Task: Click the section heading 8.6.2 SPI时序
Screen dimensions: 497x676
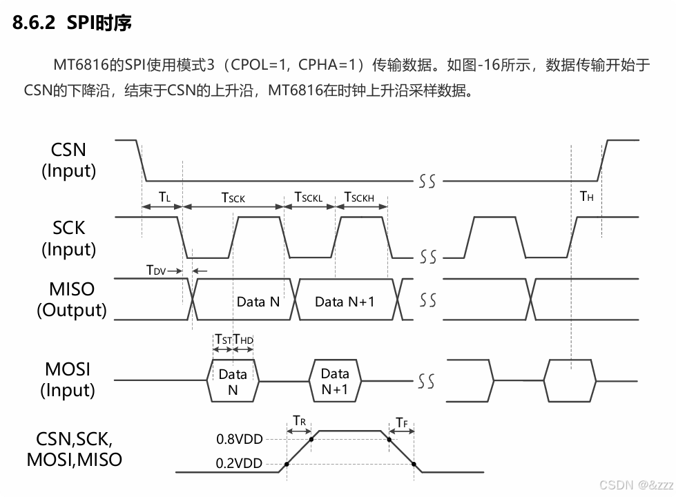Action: click(73, 23)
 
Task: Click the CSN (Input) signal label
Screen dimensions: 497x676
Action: click(68, 160)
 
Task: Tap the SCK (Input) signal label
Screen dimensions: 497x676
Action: click(68, 238)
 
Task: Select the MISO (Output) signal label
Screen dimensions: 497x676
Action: click(72, 299)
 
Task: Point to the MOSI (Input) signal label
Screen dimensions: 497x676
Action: click(68, 380)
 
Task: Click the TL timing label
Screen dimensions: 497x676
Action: click(164, 197)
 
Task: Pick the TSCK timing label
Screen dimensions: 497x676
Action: click(233, 197)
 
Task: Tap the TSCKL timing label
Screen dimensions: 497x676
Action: click(309, 197)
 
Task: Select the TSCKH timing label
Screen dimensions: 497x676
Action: click(359, 197)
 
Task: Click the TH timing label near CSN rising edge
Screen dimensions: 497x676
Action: click(587, 197)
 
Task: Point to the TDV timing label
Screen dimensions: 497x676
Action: click(155, 271)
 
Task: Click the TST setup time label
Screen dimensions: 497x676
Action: click(223, 339)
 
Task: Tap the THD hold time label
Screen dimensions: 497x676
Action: click(244, 339)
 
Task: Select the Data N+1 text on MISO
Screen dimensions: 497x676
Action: click(345, 302)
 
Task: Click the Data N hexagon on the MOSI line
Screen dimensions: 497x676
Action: click(233, 380)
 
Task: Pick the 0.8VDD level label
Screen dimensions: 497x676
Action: click(240, 438)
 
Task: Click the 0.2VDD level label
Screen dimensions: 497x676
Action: click(240, 463)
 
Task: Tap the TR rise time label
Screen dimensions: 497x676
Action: click(298, 420)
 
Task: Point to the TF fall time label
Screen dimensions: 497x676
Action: click(402, 422)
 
